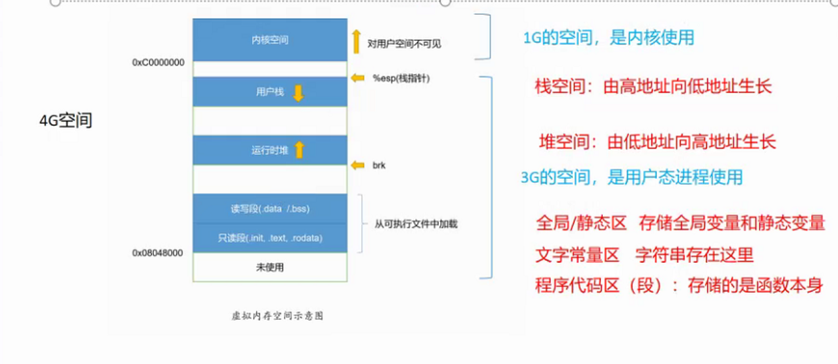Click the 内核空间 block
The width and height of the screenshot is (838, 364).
click(x=270, y=40)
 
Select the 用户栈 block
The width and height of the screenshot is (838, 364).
click(x=270, y=92)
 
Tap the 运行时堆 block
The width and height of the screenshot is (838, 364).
click(x=270, y=150)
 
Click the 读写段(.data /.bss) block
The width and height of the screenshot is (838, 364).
click(x=270, y=209)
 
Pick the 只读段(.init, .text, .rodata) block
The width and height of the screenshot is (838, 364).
click(x=270, y=238)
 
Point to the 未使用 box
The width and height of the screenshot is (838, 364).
click(x=270, y=268)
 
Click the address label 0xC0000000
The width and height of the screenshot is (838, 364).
click(x=158, y=62)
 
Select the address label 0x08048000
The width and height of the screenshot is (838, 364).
click(x=158, y=253)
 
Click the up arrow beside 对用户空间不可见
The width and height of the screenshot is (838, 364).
click(x=356, y=41)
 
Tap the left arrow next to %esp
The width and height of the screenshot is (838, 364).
click(x=358, y=78)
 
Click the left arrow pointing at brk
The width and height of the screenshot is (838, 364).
click(x=358, y=165)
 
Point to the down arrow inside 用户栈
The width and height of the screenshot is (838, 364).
click(x=298, y=93)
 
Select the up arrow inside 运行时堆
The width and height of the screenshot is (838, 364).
click(x=299, y=150)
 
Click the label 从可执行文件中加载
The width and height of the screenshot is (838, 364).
click(x=416, y=224)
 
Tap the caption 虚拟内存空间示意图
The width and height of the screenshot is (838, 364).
click(x=277, y=316)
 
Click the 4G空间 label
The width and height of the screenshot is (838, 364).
click(x=66, y=120)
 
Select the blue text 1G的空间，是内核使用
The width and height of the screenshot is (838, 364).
click(x=608, y=38)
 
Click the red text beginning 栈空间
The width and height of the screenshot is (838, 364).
click(x=653, y=87)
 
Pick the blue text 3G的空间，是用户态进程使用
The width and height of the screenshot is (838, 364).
click(x=631, y=177)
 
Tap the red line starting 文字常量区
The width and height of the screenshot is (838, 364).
click(x=644, y=255)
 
